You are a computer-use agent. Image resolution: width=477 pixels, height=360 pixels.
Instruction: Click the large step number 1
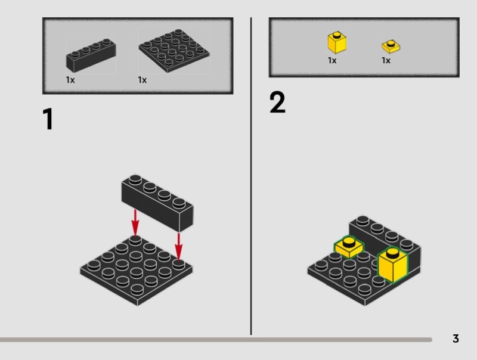(48, 119)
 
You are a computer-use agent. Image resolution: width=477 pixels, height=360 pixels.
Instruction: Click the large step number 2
(277, 103)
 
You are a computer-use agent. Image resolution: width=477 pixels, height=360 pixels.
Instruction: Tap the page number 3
(456, 339)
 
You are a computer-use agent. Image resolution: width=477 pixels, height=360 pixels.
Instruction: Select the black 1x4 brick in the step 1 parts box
(91, 55)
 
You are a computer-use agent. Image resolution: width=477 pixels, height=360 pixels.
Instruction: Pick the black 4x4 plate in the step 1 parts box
(174, 51)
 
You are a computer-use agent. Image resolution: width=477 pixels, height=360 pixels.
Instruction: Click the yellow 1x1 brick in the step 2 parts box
(337, 42)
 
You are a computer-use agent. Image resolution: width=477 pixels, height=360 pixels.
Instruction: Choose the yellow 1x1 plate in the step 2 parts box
(391, 46)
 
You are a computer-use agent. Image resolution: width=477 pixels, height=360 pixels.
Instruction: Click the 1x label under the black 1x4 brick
(70, 80)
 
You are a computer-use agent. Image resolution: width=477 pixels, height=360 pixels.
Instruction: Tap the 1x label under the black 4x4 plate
(142, 80)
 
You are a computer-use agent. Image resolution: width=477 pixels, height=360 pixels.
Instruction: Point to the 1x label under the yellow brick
(332, 61)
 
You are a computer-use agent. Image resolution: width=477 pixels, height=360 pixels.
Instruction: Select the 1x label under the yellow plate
(386, 61)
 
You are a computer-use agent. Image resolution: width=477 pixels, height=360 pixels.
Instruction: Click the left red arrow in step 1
(135, 222)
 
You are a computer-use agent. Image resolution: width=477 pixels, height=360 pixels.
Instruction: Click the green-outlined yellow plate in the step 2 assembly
(349, 247)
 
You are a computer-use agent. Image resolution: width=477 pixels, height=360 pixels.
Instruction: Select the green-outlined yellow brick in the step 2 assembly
(393, 265)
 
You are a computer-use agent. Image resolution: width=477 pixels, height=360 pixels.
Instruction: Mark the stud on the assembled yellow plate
(349, 242)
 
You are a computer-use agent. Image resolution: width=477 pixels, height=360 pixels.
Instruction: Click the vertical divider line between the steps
(251, 176)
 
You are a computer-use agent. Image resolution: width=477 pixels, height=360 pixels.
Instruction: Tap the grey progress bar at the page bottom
(216, 340)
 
